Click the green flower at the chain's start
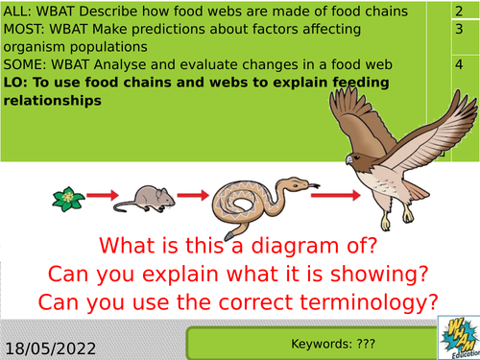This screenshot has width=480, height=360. [64, 200]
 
